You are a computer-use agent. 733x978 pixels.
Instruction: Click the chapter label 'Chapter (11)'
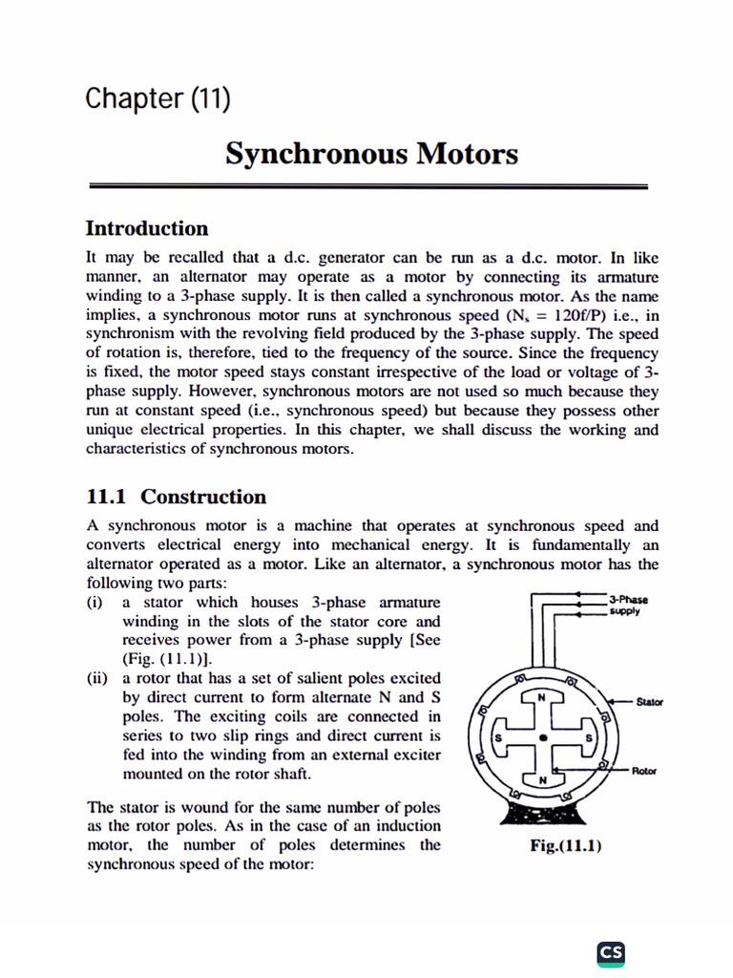coord(157,98)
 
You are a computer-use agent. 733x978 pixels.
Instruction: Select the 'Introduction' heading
coord(146,228)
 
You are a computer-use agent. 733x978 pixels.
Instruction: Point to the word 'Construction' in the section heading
coord(203,497)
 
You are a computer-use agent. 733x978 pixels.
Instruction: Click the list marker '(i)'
coord(96,603)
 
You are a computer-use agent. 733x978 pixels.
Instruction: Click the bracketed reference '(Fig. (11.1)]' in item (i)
coord(168,659)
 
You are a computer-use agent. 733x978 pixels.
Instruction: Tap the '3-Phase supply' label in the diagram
coord(627,606)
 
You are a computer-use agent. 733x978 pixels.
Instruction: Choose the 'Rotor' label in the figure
coord(645,770)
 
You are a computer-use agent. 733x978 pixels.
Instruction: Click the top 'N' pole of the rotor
coord(542,697)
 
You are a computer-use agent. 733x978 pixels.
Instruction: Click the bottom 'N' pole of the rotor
coord(542,780)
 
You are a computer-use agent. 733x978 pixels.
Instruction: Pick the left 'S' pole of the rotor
coord(497,739)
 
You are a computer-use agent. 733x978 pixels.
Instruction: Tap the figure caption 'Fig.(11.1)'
coord(566,846)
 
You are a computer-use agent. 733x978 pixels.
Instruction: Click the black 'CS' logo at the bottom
coord(611,952)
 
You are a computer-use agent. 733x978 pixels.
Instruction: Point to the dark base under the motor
coord(542,814)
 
